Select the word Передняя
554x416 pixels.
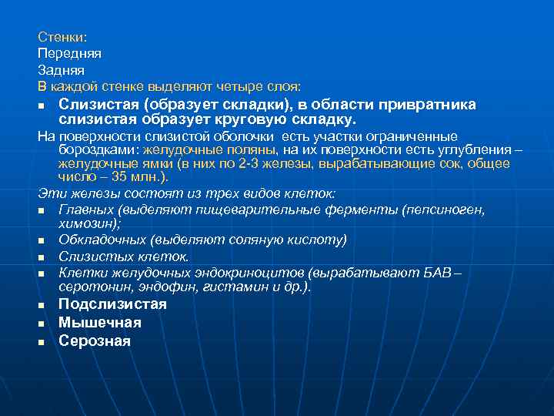pos(68,53)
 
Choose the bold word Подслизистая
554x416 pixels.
pos(112,304)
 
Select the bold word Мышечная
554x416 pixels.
pos(100,323)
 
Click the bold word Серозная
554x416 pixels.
pos(95,341)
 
